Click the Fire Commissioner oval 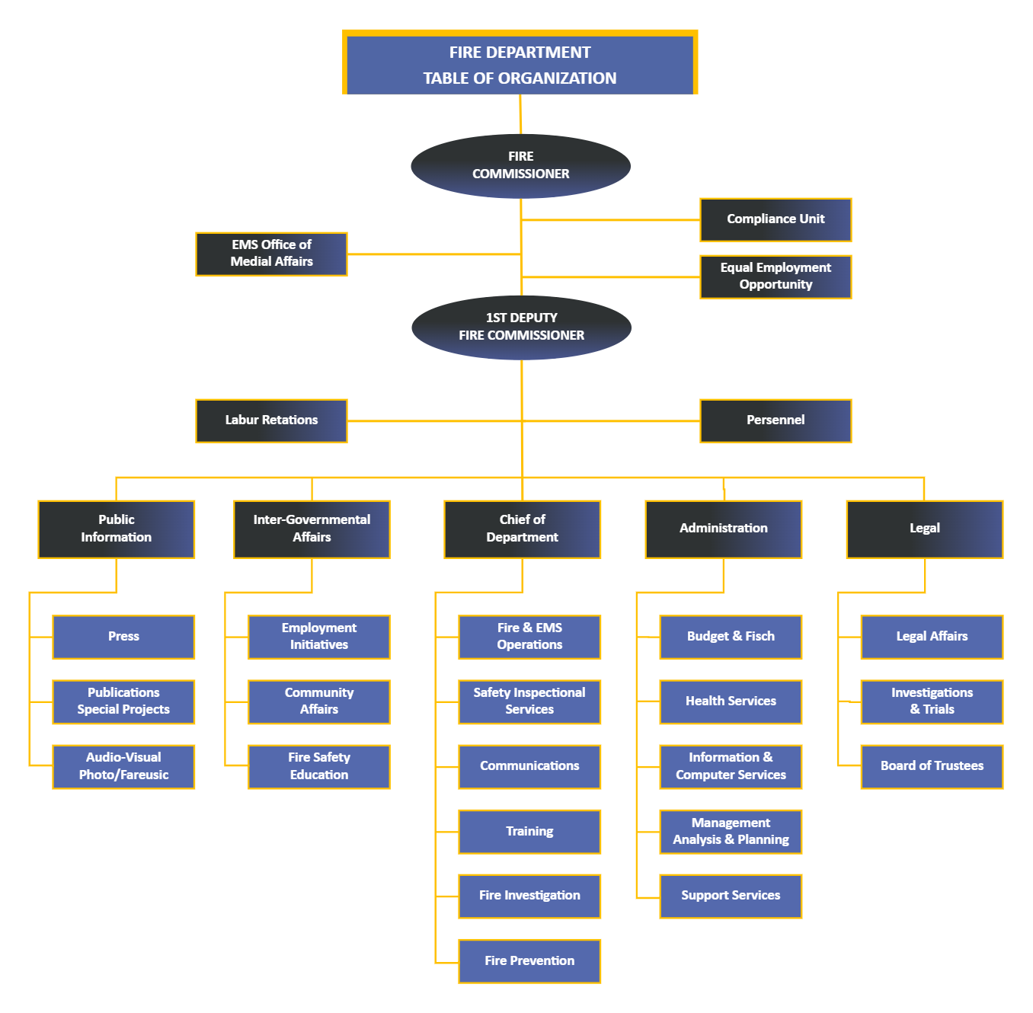tap(520, 166)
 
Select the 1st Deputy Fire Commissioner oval tap(521, 328)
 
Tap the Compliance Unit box tap(776, 219)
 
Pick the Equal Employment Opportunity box tap(776, 276)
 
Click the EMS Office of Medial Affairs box tap(271, 254)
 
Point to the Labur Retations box tap(271, 420)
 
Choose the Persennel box tap(776, 420)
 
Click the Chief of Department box tap(522, 529)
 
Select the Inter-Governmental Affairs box tap(312, 529)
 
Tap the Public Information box tap(116, 529)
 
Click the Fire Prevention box tap(529, 961)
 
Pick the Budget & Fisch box tap(731, 637)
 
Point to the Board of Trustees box tap(932, 766)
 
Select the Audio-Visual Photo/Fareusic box tap(123, 766)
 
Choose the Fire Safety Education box tap(319, 766)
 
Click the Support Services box tap(731, 896)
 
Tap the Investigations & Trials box tap(932, 701)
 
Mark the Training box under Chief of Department tap(529, 832)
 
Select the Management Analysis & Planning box tap(731, 832)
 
